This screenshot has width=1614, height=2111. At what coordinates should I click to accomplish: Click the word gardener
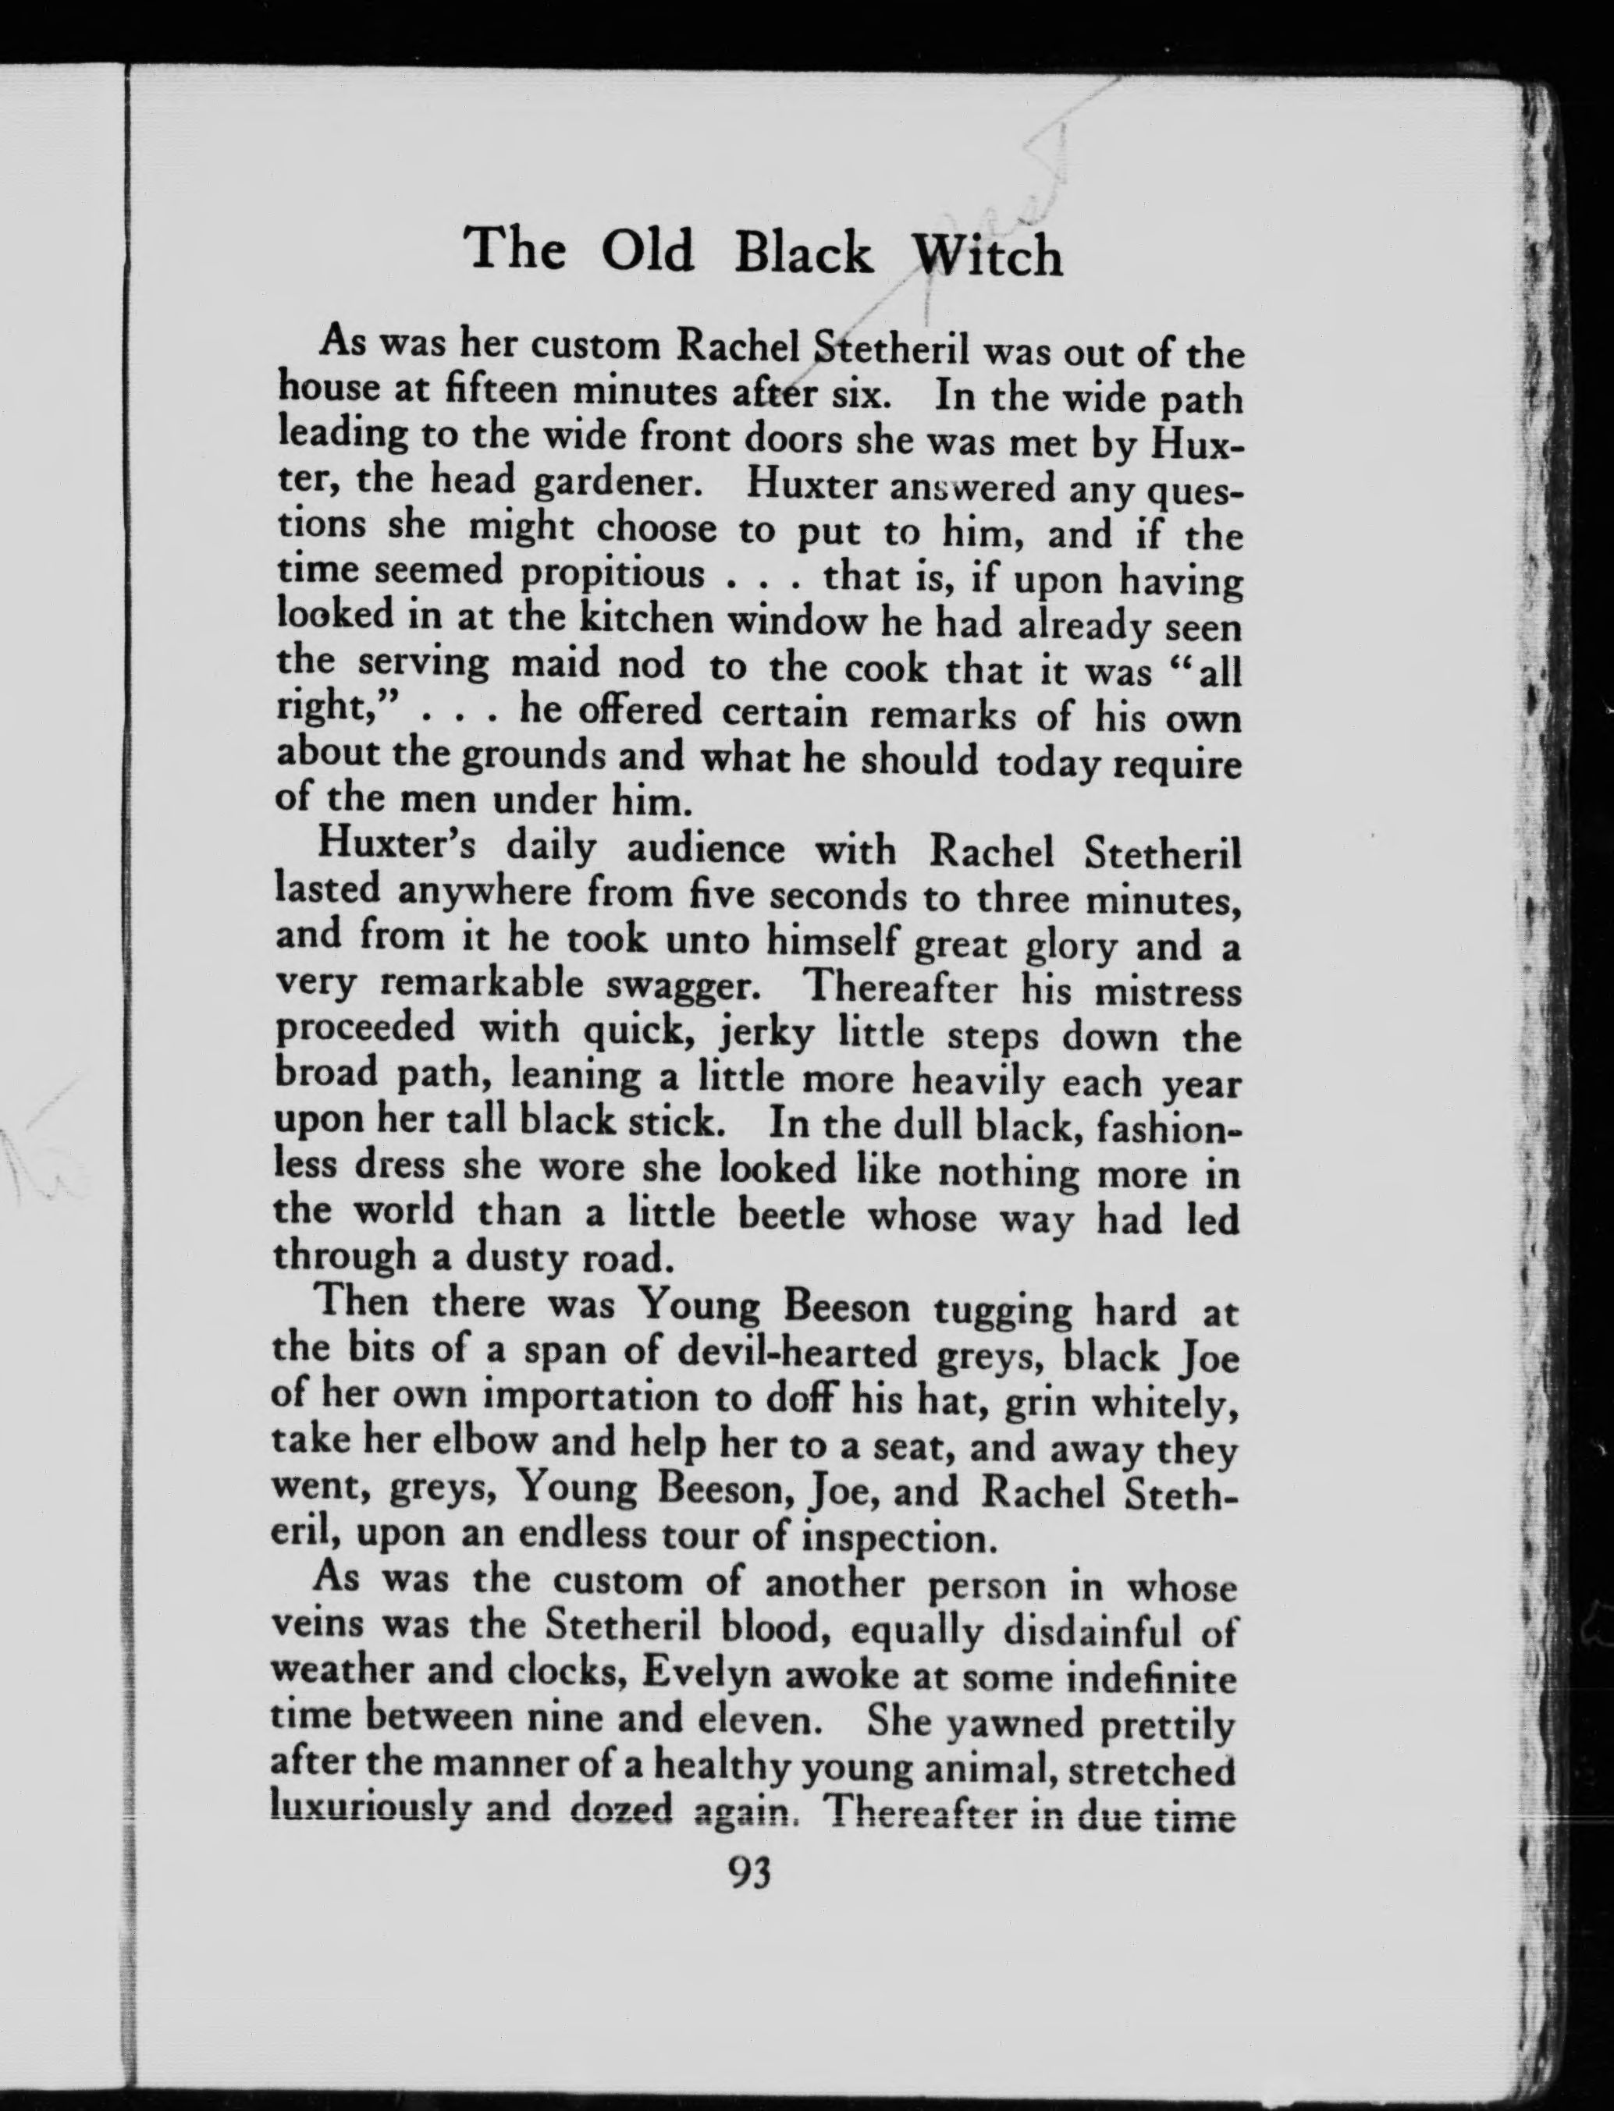(x=615, y=482)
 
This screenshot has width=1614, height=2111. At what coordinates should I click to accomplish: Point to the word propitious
(x=613, y=575)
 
